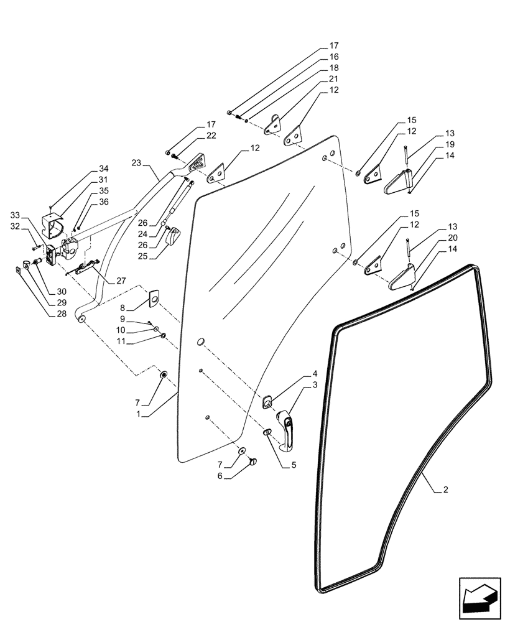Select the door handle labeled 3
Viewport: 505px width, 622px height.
pos(288,431)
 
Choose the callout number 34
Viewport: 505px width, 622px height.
pos(103,169)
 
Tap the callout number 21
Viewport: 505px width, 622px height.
pos(334,79)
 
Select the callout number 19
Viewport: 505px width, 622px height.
pos(450,145)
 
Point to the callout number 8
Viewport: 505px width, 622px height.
pos(123,307)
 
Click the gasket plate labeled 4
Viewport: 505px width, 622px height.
pos(268,402)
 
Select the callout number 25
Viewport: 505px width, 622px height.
pos(143,255)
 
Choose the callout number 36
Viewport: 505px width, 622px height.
pos(103,202)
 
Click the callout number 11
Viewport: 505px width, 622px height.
pos(123,342)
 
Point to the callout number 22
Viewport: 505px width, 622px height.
pos(194,136)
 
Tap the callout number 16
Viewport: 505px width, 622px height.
pos(334,57)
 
